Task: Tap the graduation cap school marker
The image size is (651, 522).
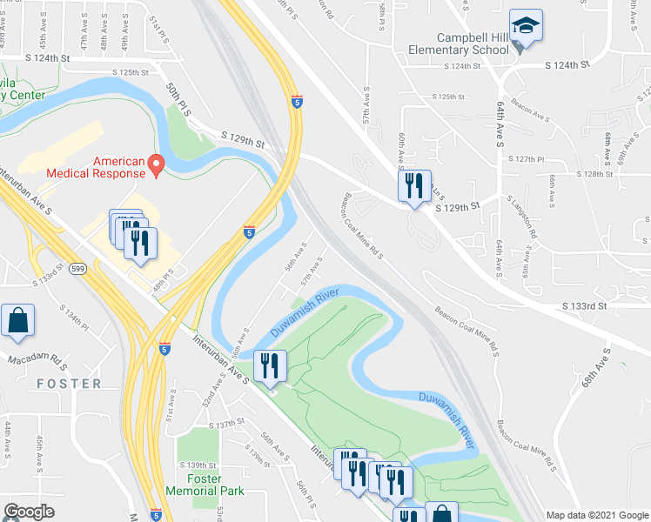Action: tap(526, 26)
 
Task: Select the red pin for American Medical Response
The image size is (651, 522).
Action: tap(156, 164)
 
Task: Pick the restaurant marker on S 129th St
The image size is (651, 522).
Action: tap(414, 186)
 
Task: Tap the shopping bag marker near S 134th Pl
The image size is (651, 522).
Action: tap(17, 321)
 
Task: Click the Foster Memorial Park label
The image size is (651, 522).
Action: tap(204, 485)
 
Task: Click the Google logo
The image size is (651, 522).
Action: tap(29, 512)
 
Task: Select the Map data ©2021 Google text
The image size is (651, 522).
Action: tap(597, 515)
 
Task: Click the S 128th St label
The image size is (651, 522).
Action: tap(592, 175)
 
